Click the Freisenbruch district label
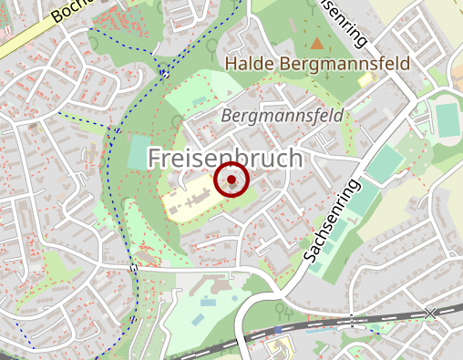click(x=224, y=158)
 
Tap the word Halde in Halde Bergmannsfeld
click(x=249, y=64)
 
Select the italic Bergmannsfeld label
click(x=283, y=116)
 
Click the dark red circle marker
click(x=232, y=180)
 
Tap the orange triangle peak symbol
click(x=317, y=43)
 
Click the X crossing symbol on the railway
click(x=430, y=313)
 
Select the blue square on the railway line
click(x=278, y=329)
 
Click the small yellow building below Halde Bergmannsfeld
click(x=365, y=80)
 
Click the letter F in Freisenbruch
click(x=156, y=158)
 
